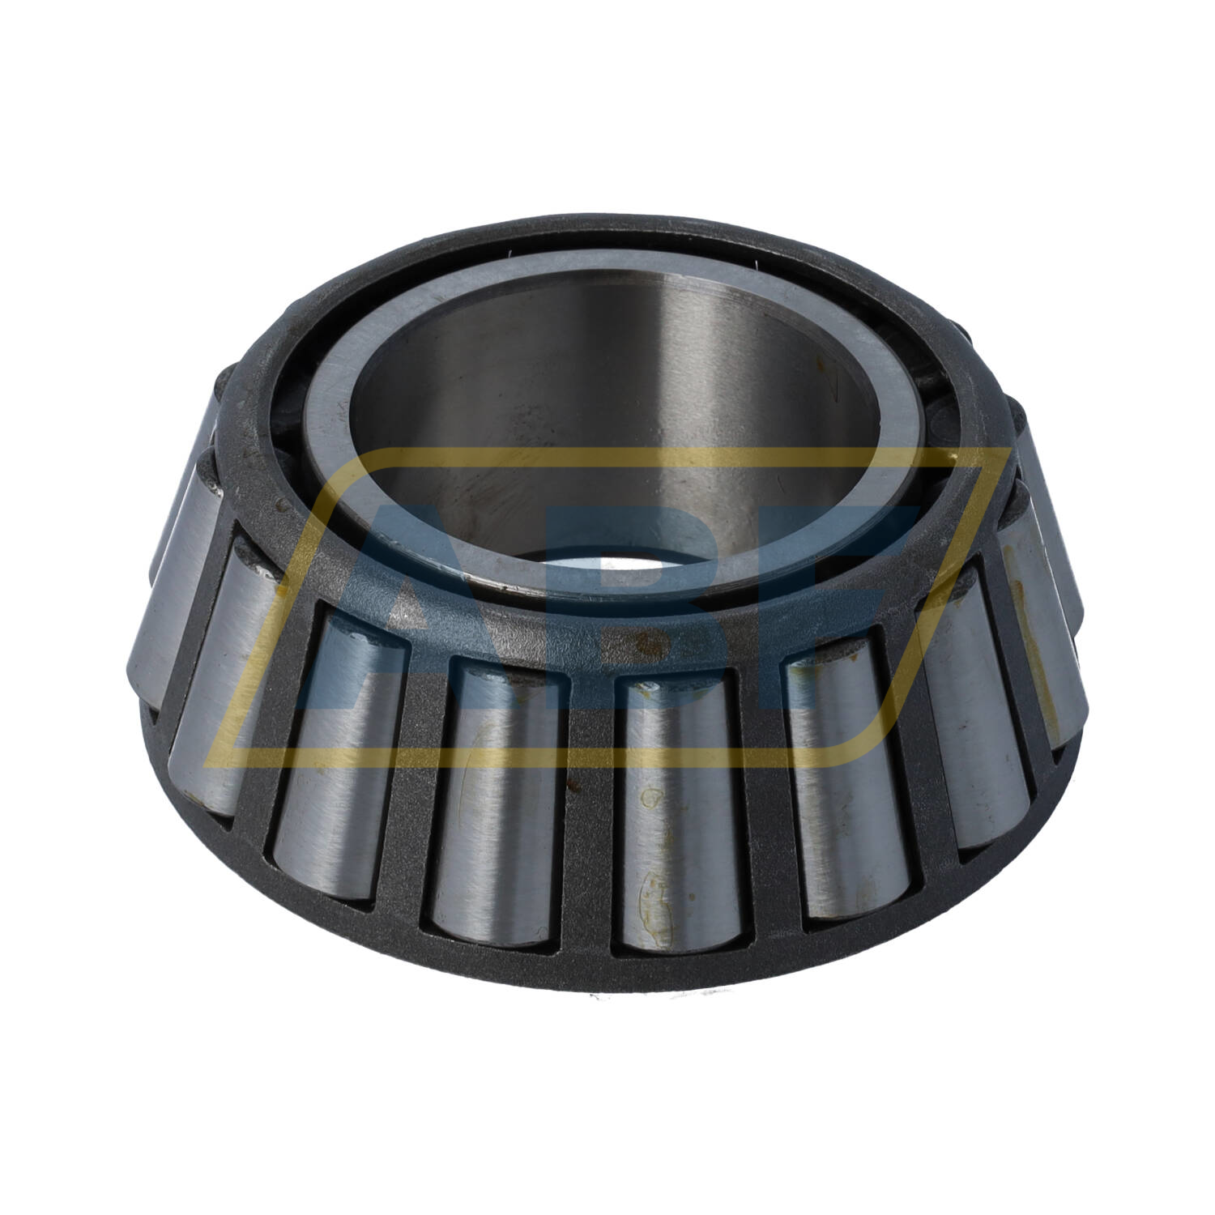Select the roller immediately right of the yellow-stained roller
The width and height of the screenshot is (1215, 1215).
(x=850, y=778)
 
